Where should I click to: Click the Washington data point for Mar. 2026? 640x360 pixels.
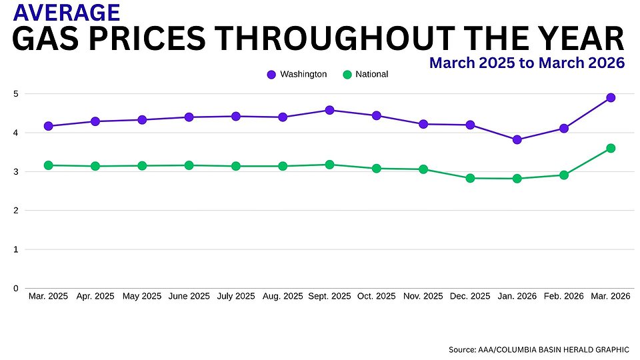(x=611, y=98)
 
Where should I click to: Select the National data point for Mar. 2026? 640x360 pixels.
(x=611, y=148)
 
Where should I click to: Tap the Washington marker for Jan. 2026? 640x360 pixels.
(x=517, y=140)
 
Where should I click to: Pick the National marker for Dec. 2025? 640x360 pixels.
(x=470, y=178)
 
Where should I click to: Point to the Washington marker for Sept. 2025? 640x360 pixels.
(x=329, y=110)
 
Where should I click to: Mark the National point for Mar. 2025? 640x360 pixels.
(x=48, y=165)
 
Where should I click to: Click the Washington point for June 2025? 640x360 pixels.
(x=189, y=117)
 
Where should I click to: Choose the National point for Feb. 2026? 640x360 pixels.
(x=564, y=175)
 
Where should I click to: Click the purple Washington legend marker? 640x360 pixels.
(x=271, y=75)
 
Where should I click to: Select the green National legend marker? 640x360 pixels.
(x=347, y=75)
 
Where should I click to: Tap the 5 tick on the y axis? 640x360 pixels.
(x=16, y=94)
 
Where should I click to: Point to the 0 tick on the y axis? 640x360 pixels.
(x=16, y=289)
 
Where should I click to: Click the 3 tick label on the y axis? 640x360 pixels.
(x=16, y=172)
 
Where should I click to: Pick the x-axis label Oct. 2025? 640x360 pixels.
(x=377, y=295)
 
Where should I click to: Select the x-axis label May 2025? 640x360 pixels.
(x=142, y=295)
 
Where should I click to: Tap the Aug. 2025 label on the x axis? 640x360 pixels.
(x=283, y=295)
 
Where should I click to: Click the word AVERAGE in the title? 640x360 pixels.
(x=67, y=12)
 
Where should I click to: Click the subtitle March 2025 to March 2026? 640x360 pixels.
(x=527, y=63)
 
